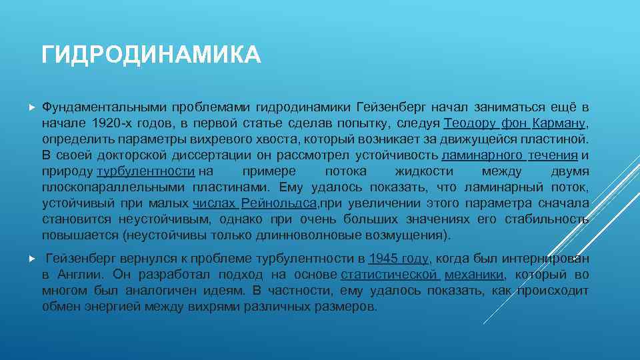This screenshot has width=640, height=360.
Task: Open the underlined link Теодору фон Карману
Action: (515, 123)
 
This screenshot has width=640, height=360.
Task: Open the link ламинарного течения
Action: (509, 155)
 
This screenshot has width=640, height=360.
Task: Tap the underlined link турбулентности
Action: (146, 171)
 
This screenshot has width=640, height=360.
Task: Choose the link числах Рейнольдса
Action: (254, 203)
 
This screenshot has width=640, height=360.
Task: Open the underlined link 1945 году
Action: (399, 259)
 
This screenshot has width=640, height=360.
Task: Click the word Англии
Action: (83, 275)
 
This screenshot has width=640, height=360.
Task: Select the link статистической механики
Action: (422, 275)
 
